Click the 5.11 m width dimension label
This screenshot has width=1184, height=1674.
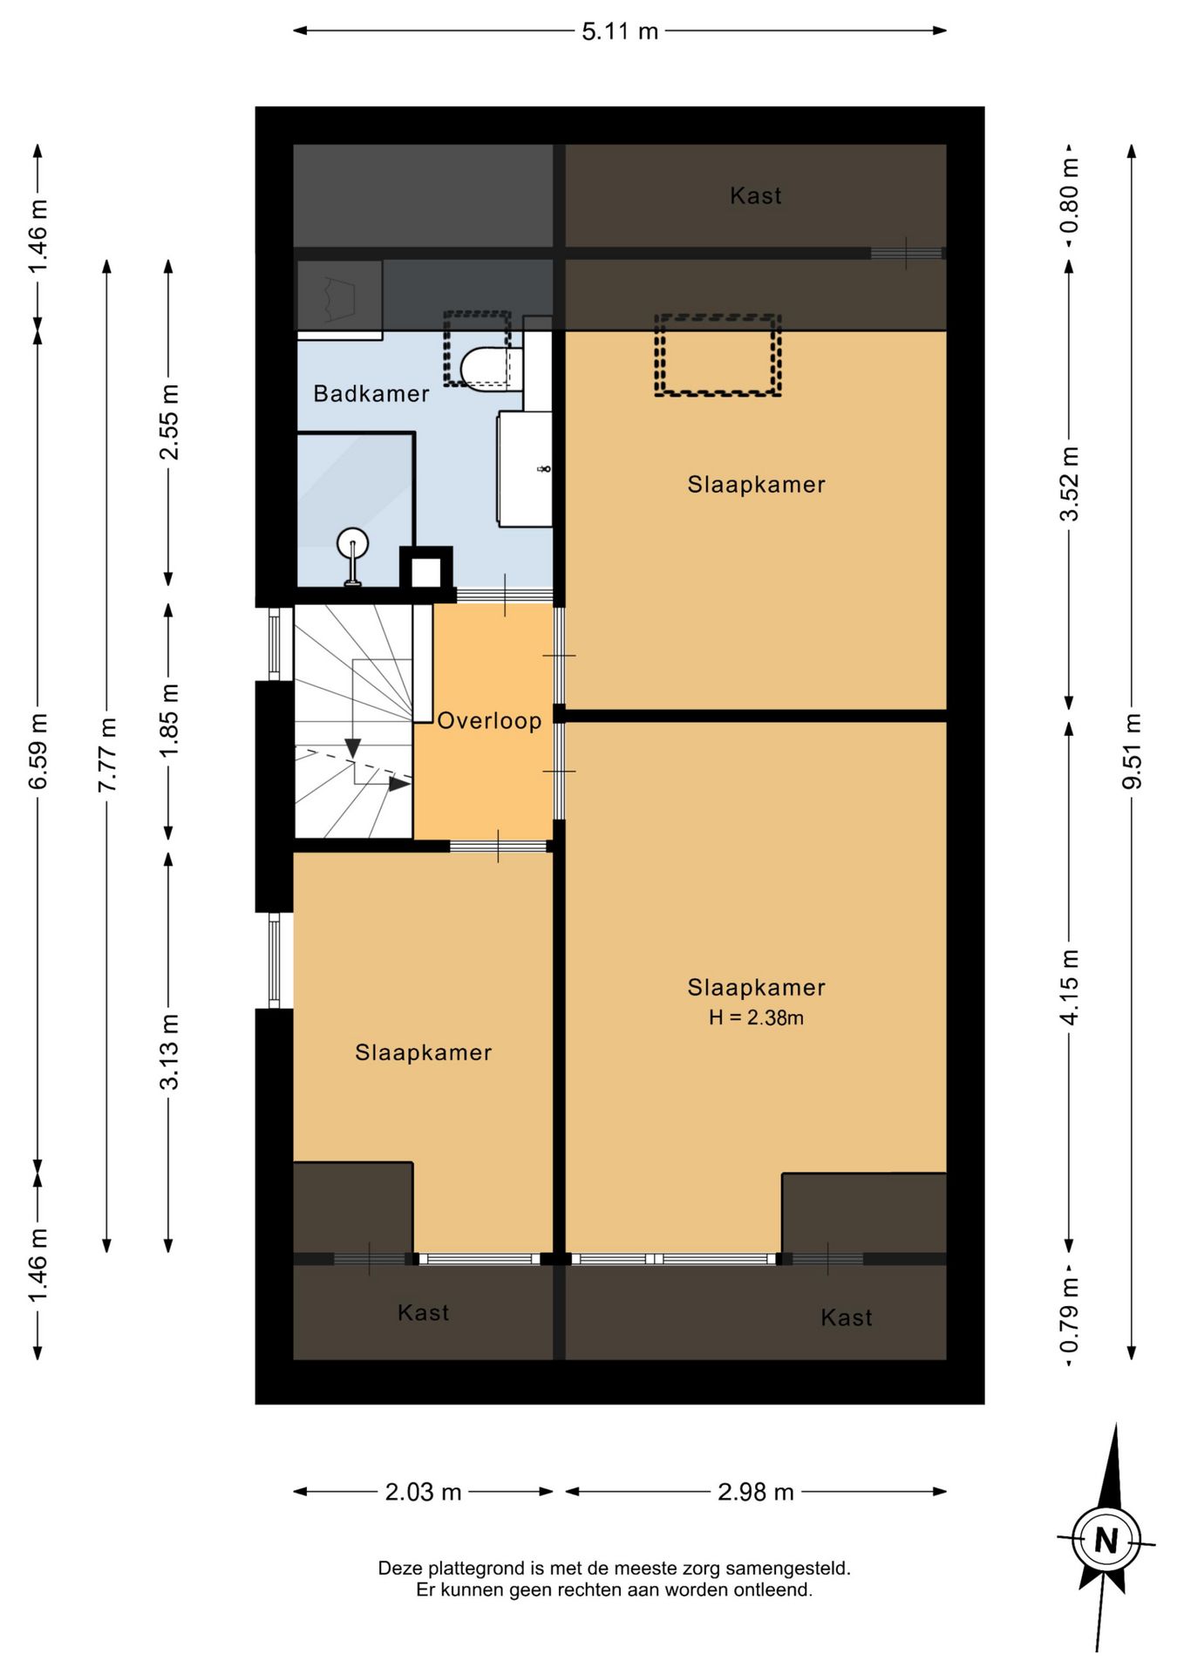620,32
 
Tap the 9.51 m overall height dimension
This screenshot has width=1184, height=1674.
1132,752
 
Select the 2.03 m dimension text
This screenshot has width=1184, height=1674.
423,1492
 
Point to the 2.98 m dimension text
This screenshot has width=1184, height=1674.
756,1492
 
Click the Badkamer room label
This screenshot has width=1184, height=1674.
371,394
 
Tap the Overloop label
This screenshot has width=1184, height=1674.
489,721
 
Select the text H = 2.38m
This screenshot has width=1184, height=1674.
756,1017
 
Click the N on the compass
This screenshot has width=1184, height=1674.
1106,1541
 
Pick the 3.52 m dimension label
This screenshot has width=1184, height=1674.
1070,484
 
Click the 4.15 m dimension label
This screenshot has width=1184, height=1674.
1070,987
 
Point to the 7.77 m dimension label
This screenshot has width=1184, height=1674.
107,755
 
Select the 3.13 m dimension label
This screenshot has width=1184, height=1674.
169,1051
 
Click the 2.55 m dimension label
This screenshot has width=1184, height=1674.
169,422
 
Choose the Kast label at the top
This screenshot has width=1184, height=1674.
756,196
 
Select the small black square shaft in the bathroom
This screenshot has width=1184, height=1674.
426,572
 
